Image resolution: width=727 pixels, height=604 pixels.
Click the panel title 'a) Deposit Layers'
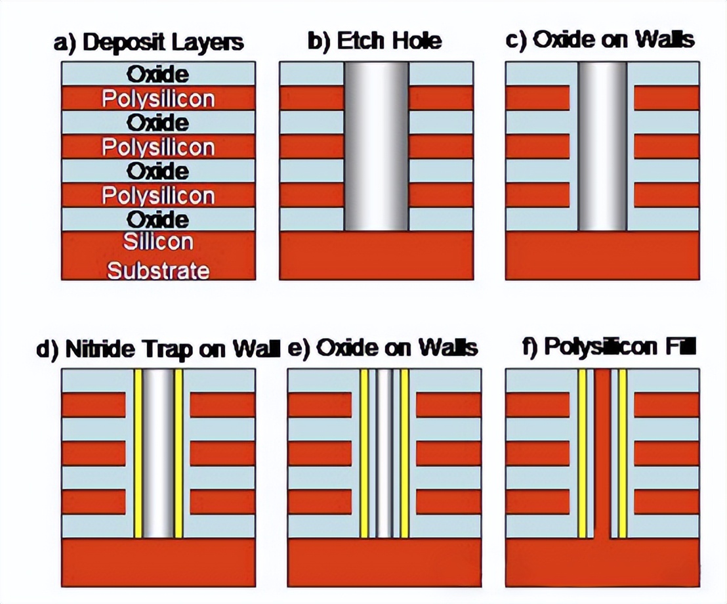(x=149, y=42)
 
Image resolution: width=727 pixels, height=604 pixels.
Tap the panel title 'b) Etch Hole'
(x=375, y=41)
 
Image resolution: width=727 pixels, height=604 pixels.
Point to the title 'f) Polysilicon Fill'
(x=609, y=347)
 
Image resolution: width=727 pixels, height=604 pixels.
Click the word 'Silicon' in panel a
(x=158, y=242)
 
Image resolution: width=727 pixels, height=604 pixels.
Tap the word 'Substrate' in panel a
(x=158, y=271)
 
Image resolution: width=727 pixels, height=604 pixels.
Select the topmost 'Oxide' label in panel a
(x=158, y=74)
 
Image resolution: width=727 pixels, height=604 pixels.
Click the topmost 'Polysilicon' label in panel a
(x=158, y=99)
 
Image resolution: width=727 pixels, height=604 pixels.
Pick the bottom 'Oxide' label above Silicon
(x=158, y=219)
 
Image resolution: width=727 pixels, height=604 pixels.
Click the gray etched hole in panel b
(x=377, y=146)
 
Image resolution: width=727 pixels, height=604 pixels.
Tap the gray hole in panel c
(x=602, y=146)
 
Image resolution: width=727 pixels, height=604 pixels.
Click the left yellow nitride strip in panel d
(x=138, y=453)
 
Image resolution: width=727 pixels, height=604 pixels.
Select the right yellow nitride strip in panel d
(x=178, y=453)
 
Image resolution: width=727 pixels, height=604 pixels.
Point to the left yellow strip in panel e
(x=364, y=453)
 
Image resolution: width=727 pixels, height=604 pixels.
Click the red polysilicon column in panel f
(x=602, y=453)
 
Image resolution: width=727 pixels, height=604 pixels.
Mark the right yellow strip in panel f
(x=623, y=453)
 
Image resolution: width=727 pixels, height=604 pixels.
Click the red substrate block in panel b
(x=377, y=255)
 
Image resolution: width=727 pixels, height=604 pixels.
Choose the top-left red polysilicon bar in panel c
(x=537, y=98)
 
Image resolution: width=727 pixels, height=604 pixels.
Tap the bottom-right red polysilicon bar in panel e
(x=448, y=502)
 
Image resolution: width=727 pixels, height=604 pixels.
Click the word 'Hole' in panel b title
(x=417, y=41)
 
